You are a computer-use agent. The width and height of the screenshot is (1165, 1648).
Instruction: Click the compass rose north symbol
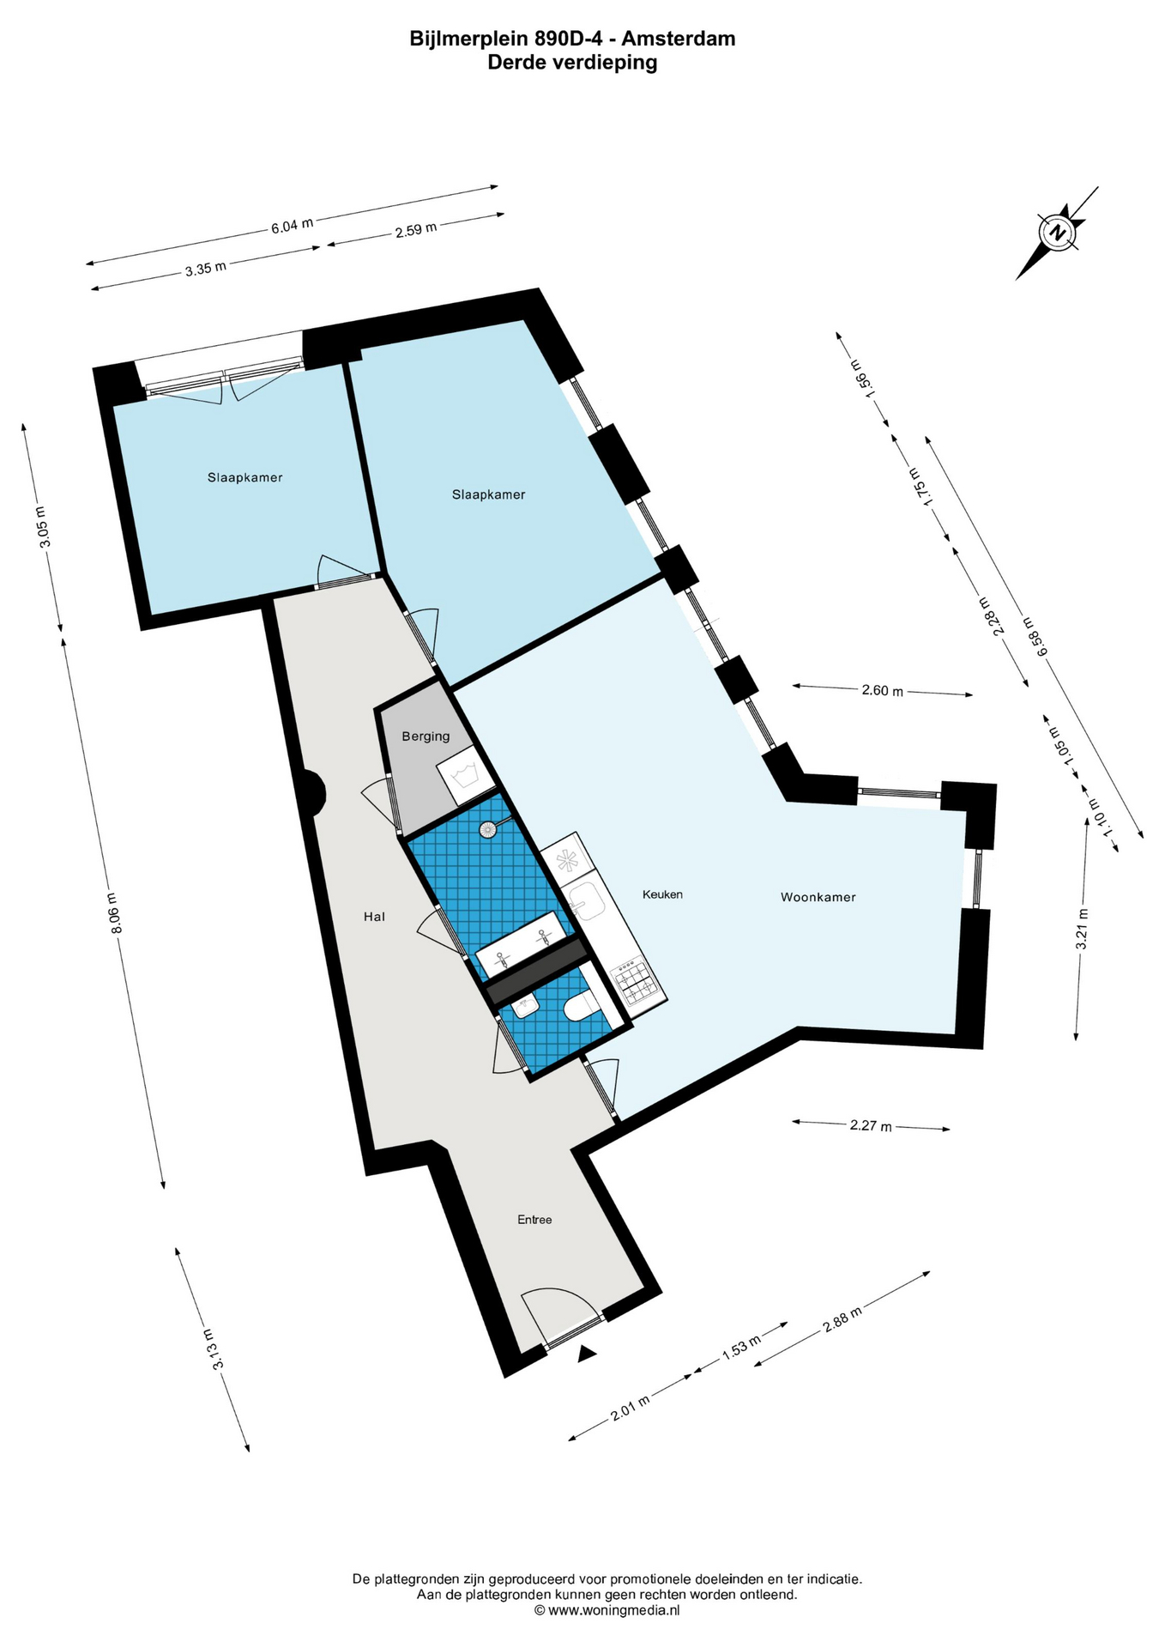(x=1059, y=232)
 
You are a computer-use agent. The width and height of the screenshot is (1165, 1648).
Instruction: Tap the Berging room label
(x=426, y=736)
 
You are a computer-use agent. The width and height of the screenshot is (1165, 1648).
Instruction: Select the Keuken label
(x=662, y=894)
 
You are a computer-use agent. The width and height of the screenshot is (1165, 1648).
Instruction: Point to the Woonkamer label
(x=818, y=897)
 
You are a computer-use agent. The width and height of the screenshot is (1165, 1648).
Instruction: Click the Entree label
(x=534, y=1220)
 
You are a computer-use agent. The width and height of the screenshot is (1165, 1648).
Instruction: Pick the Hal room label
(x=374, y=917)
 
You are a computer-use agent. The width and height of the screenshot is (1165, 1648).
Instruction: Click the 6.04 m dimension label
(x=293, y=226)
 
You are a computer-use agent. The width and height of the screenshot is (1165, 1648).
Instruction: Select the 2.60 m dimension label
(x=883, y=690)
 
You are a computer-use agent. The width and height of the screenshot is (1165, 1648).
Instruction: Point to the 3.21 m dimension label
(x=1082, y=929)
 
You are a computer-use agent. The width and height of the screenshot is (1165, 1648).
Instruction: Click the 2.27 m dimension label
(x=871, y=1125)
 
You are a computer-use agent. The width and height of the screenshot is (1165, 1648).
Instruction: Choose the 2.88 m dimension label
(x=842, y=1315)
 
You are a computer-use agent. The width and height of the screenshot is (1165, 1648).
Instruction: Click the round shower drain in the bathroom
(x=488, y=829)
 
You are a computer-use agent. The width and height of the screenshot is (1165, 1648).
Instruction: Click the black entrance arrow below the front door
(x=587, y=1354)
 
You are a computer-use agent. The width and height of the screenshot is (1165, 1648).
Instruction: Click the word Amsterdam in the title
(x=678, y=39)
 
